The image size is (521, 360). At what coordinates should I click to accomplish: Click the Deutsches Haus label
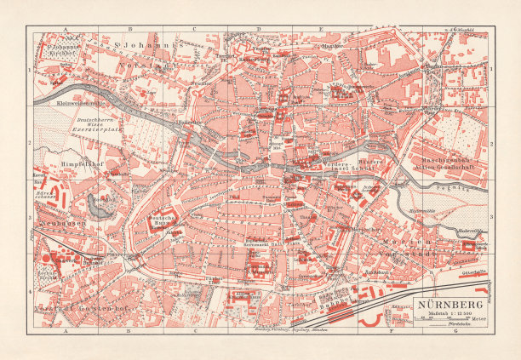coord(163,222)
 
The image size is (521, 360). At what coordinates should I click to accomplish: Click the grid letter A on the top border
coord(65,29)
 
